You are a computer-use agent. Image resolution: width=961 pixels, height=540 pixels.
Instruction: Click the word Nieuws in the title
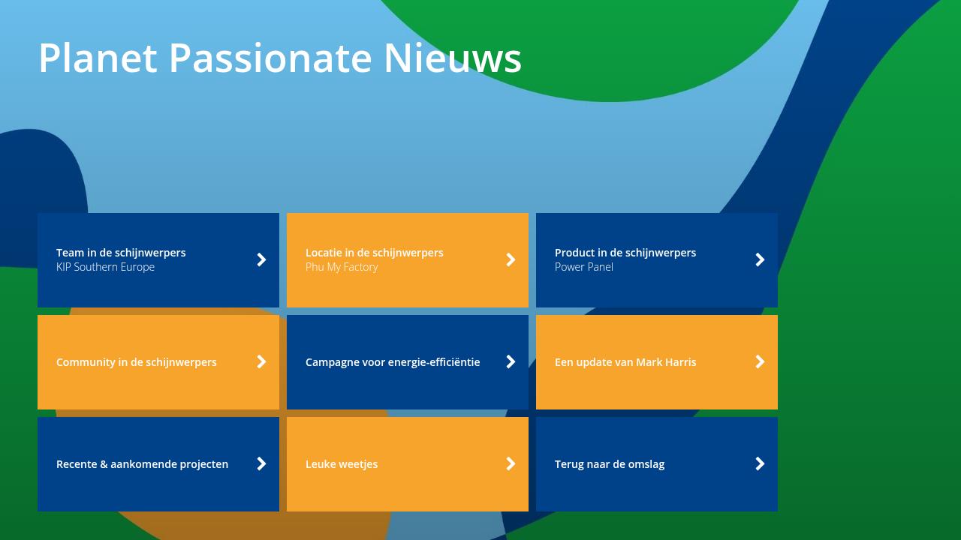[x=452, y=58]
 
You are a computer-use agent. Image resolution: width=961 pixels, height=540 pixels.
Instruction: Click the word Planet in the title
[x=98, y=58]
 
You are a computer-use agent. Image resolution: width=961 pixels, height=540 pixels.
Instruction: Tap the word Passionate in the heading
[x=270, y=58]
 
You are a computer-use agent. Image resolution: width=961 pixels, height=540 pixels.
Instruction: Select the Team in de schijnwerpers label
[x=121, y=253]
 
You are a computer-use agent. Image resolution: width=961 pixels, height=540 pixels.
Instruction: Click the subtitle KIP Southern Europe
[x=105, y=267]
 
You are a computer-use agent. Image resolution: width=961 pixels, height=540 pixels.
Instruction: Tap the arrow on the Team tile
[x=261, y=259]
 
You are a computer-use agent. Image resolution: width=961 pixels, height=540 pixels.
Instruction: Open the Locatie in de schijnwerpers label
[x=374, y=253]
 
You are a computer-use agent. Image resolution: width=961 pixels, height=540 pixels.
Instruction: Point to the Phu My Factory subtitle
[x=342, y=267]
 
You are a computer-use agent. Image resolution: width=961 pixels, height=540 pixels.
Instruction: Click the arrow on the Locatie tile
[x=511, y=259]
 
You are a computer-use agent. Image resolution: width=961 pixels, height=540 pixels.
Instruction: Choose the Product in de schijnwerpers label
[x=625, y=253]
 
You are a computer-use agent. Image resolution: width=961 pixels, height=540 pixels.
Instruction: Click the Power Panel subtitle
[x=584, y=267]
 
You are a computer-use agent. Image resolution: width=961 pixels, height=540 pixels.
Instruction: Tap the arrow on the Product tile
[x=760, y=259]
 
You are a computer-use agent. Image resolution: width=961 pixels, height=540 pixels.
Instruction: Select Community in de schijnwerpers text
[x=137, y=362]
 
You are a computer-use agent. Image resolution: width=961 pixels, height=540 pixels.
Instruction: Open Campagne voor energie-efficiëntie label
[x=393, y=362]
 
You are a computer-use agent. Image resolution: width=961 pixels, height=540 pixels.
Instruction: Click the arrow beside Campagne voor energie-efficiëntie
[x=511, y=361]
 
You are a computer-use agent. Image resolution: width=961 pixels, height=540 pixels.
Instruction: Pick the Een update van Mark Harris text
[x=625, y=362]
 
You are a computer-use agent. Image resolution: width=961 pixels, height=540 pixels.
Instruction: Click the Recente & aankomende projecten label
[x=142, y=464]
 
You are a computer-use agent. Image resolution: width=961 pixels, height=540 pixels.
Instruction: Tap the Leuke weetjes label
[x=342, y=464]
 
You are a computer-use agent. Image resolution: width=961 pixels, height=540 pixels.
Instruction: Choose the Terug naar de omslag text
[x=610, y=464]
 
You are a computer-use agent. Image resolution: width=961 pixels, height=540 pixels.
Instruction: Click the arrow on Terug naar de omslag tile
[x=760, y=463]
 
